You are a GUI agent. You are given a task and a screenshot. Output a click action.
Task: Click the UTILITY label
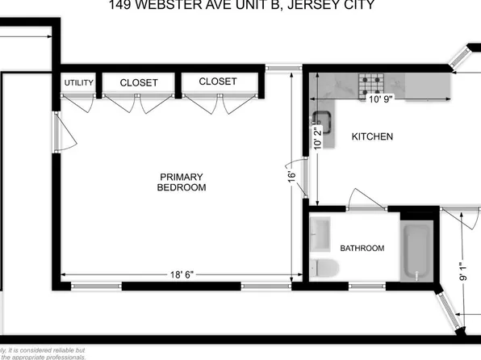[78, 83]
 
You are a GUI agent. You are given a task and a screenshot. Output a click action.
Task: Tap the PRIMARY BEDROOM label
[182, 182]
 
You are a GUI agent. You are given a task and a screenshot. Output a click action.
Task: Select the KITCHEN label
[372, 137]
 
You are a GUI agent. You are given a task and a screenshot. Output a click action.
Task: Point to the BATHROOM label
[362, 248]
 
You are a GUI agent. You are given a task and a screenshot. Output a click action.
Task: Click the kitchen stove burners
[372, 80]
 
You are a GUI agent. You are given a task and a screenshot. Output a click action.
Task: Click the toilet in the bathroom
[324, 267]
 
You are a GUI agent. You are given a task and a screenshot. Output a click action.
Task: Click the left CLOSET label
[139, 82]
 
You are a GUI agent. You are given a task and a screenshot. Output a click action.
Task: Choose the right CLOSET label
[218, 82]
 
